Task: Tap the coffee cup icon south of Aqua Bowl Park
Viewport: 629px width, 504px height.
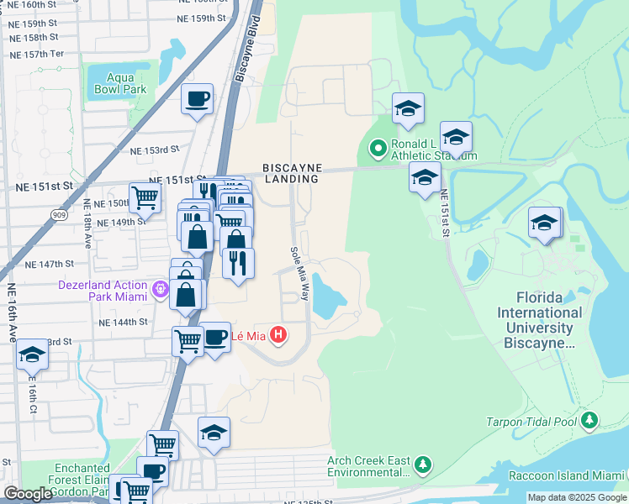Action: tap(197, 100)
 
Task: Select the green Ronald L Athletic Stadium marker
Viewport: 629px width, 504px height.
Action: tap(378, 150)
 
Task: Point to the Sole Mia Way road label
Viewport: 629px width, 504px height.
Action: tap(300, 274)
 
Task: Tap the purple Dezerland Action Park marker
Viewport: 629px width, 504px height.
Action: tap(161, 291)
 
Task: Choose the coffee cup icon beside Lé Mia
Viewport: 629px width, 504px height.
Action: tap(215, 338)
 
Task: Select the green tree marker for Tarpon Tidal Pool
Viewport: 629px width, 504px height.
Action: tap(590, 420)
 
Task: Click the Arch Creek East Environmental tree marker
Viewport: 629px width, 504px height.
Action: tap(423, 465)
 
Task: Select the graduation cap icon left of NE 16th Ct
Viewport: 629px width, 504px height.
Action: tap(32, 355)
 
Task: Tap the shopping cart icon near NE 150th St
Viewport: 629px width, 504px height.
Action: tap(145, 199)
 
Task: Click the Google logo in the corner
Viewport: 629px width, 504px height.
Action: tap(29, 494)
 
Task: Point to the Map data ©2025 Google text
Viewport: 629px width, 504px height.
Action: tap(576, 497)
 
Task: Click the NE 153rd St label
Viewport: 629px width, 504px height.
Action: tap(156, 150)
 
